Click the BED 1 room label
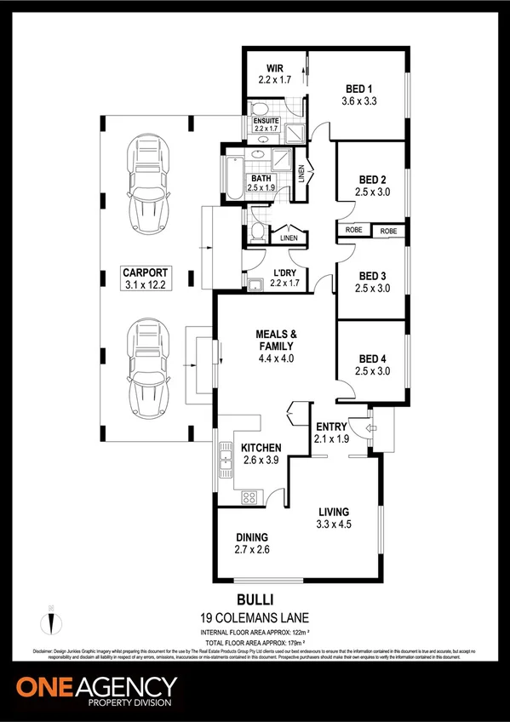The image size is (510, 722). [x=359, y=89]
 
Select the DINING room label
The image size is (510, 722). [x=253, y=537]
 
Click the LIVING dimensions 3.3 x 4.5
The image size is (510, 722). [x=334, y=524]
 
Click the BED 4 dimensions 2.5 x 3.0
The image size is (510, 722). [x=372, y=371]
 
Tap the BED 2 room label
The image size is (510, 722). [x=372, y=180]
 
